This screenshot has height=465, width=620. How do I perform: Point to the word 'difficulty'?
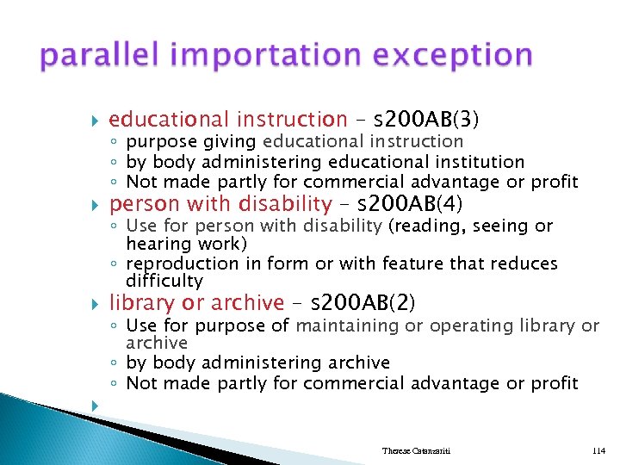(x=164, y=281)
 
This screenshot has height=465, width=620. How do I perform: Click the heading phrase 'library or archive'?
(x=196, y=303)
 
